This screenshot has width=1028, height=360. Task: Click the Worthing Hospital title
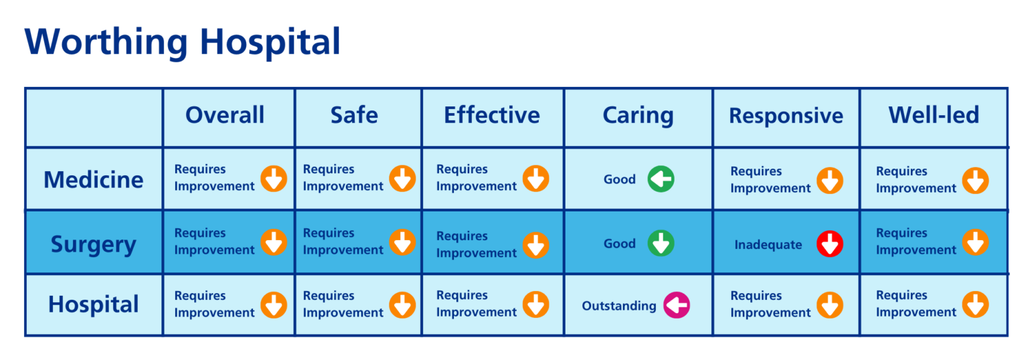click(183, 41)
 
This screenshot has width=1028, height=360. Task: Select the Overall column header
click(225, 115)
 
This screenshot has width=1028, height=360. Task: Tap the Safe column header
click(354, 115)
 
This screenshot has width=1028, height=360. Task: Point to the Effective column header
click(492, 115)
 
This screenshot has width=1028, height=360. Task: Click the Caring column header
click(638, 115)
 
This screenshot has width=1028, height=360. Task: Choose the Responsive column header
click(786, 116)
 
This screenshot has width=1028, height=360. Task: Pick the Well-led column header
click(934, 115)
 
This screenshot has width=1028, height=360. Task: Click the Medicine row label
click(94, 179)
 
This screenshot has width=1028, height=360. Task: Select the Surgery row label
click(94, 244)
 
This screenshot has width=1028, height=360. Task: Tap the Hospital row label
click(94, 304)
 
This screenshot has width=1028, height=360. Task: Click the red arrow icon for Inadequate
click(830, 244)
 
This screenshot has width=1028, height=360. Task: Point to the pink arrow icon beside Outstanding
click(677, 306)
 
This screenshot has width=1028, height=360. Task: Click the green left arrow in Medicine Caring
click(661, 179)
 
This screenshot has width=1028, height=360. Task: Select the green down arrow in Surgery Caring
click(661, 244)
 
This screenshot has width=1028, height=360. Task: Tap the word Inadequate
click(768, 245)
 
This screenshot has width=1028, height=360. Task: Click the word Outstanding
click(619, 306)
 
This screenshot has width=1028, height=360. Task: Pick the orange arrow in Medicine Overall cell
click(274, 179)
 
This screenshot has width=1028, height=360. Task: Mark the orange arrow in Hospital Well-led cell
click(975, 304)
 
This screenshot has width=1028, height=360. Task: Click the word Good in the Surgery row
click(620, 244)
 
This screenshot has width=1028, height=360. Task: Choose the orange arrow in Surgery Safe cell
click(402, 242)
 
